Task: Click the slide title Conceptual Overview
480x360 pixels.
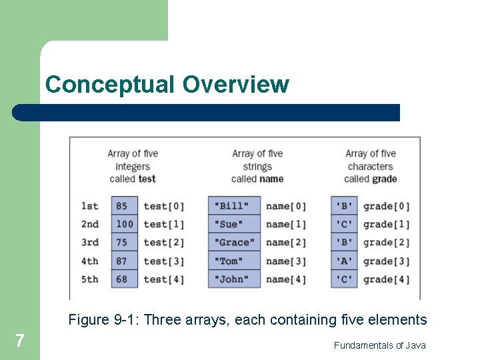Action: click(x=167, y=85)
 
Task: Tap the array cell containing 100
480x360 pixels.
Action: click(x=124, y=225)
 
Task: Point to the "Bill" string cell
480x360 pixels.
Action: click(x=233, y=206)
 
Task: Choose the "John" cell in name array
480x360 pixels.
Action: click(x=233, y=279)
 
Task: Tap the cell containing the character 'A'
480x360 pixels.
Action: click(x=344, y=261)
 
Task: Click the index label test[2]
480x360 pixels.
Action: click(x=164, y=243)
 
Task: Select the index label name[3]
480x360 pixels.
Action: click(x=286, y=261)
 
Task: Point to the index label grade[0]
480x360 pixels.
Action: click(x=387, y=206)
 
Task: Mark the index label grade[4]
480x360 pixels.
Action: click(x=387, y=279)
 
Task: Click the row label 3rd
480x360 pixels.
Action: click(x=89, y=243)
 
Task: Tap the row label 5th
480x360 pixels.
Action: click(x=89, y=279)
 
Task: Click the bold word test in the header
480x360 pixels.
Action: click(x=147, y=179)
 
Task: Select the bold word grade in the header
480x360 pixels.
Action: click(x=385, y=179)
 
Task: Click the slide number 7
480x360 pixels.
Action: click(x=20, y=341)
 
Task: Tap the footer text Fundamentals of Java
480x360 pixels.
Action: click(x=379, y=345)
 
